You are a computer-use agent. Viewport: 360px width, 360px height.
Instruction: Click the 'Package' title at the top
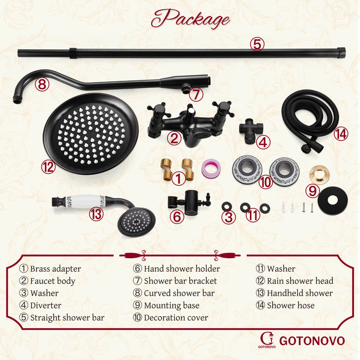pos(190,19)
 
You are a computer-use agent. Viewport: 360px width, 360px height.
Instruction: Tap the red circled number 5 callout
pos(257,44)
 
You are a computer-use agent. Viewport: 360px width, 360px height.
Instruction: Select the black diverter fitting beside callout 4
pos(250,130)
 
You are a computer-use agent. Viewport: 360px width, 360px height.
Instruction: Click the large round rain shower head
pos(91,134)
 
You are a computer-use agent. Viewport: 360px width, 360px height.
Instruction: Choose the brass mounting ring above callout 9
pos(319,174)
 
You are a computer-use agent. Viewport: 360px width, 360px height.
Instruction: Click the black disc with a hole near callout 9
pos(332,201)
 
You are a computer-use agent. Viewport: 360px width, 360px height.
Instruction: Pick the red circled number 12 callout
pos(48,167)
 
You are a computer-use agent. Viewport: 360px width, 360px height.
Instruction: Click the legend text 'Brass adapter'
pos(56,268)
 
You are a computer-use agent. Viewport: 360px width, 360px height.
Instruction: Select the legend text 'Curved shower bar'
pos(179,293)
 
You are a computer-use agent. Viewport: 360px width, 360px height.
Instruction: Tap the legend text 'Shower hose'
pos(291,305)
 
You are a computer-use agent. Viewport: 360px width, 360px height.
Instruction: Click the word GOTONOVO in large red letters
pos(312,340)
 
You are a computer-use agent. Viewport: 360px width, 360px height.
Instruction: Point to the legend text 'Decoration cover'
pos(176,317)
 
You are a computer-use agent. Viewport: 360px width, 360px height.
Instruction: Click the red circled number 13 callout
pos(96,214)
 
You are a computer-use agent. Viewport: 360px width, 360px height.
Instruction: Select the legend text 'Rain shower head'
pos(300,281)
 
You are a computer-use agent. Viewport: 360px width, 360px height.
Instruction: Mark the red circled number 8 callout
pos(42,84)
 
